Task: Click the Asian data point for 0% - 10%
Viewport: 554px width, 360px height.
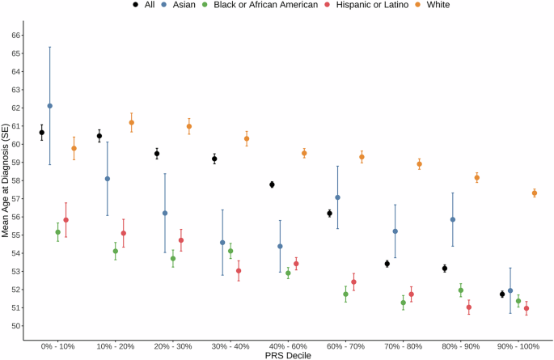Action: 49,106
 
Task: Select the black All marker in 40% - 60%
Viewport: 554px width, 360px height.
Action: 272,184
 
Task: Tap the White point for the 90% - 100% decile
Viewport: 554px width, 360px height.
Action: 535,193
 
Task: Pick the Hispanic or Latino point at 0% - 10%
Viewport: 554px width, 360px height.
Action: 66,220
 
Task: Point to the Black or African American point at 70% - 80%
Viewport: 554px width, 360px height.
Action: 403,303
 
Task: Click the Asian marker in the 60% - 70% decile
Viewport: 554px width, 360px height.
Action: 337,197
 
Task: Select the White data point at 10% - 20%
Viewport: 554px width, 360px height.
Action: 131,123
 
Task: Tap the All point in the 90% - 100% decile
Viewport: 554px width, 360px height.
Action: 502,294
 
